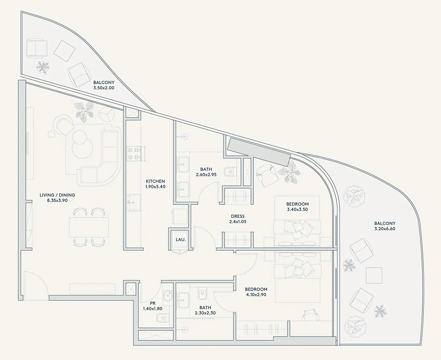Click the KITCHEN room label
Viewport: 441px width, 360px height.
[x=155, y=181]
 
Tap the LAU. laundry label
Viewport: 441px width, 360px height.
[x=181, y=240]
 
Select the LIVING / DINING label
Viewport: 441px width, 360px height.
[x=57, y=195]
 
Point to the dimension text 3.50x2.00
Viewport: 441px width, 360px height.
[x=104, y=88]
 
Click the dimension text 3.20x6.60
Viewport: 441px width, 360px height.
[x=385, y=229]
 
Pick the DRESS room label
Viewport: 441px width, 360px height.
[x=238, y=216]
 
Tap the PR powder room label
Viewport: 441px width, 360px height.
[x=153, y=303]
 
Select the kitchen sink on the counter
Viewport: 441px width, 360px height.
[x=134, y=202]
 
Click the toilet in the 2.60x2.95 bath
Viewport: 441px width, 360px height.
[x=230, y=172]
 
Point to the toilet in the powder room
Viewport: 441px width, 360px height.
[x=163, y=318]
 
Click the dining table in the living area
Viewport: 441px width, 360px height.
[x=89, y=227]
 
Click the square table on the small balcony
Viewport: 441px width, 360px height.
[x=64, y=51]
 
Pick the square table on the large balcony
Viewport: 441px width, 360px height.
[x=374, y=275]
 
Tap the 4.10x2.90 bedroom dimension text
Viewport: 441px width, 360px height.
[x=256, y=295]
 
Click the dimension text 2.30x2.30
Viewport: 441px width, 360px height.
[x=205, y=313]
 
